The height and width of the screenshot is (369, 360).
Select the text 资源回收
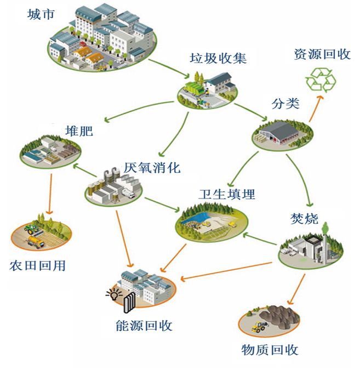(322, 54)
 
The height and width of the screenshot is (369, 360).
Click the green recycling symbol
(321, 80)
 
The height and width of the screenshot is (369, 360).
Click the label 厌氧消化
(152, 167)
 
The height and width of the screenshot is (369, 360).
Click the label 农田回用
(38, 266)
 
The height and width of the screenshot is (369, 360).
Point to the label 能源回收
(145, 326)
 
